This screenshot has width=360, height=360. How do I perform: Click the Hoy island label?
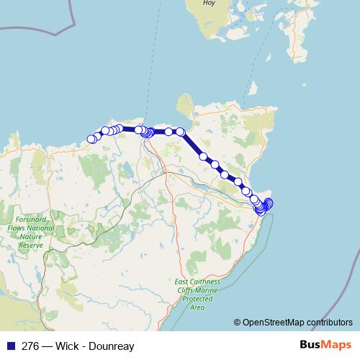point(209,3)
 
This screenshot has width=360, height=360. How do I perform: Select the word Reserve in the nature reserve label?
point(31,246)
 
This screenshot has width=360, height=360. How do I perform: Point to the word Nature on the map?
point(31,237)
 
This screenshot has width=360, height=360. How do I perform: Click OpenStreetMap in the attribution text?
point(276,323)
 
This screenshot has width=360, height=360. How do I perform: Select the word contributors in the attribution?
point(331,323)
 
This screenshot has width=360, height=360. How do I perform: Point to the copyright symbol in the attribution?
point(238,323)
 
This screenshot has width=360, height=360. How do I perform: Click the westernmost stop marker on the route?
point(91,139)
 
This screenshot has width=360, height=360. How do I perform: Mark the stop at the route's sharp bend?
point(181,132)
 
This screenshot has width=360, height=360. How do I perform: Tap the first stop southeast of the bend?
point(204,156)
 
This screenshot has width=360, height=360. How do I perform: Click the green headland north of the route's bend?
point(185,104)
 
